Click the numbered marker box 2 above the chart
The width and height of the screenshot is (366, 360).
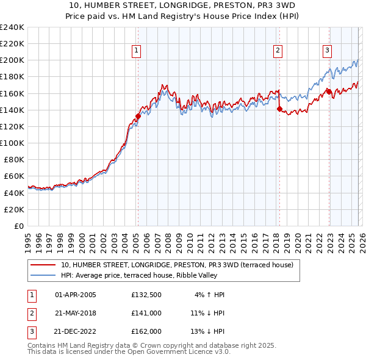tap(278, 51)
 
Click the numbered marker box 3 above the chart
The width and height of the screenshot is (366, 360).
tap(327, 51)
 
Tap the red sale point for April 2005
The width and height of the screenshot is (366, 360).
tap(138, 116)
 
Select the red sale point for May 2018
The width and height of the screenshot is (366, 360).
tap(279, 109)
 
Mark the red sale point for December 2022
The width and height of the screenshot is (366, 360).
tap(329, 92)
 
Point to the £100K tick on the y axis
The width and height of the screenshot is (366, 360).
tap(12, 143)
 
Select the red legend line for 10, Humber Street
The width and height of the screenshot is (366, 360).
tap(43, 265)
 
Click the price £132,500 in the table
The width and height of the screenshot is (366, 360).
tap(146, 295)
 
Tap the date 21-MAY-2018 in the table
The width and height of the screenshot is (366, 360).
tap(76, 313)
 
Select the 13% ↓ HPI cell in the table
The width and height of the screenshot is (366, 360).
tap(207, 331)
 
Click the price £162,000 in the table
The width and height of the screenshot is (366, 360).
tap(146, 331)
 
